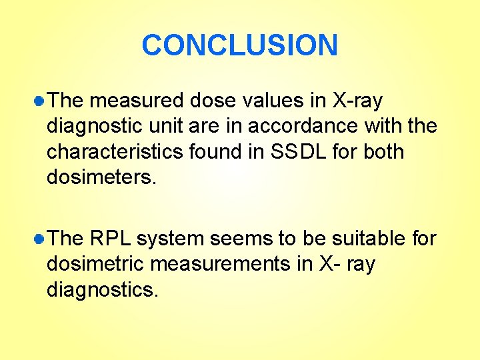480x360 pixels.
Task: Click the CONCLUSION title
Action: tap(240, 45)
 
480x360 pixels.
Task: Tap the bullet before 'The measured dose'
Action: tap(40, 101)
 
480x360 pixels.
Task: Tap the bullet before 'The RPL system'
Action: tap(40, 239)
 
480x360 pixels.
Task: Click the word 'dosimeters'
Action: tap(99, 177)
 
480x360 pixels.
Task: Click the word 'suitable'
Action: tap(369, 239)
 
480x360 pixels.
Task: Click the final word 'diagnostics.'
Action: tap(102, 289)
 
